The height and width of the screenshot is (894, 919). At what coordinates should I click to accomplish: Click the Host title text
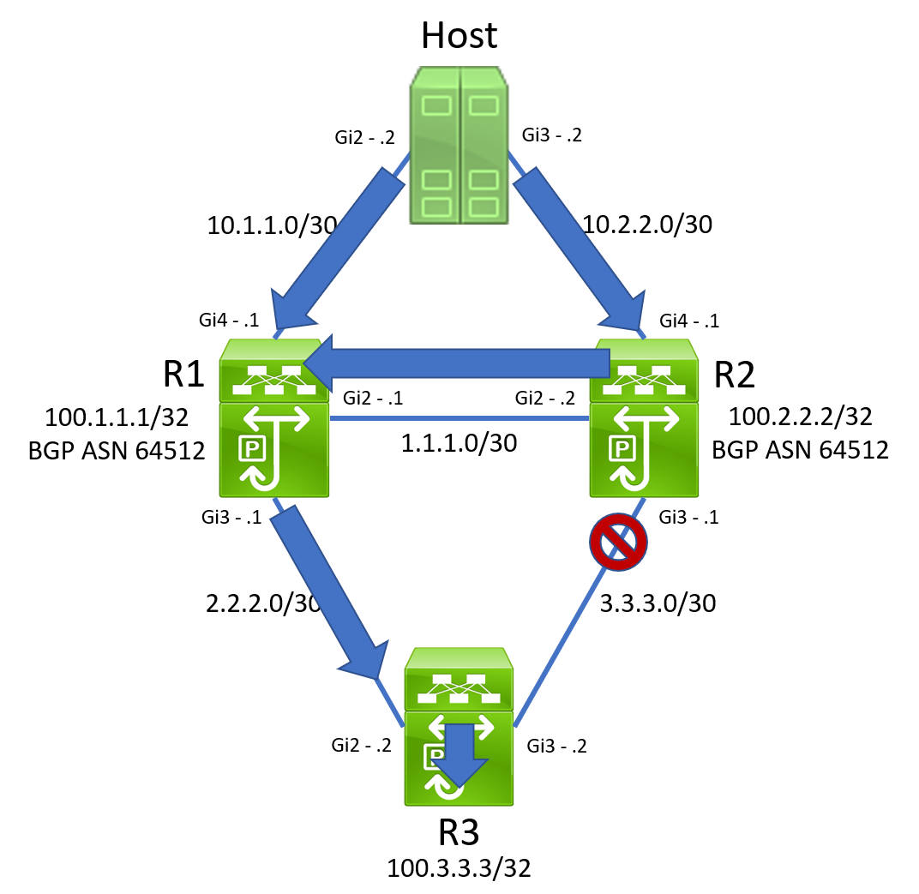(x=459, y=35)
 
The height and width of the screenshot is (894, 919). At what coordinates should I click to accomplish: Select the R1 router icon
(x=274, y=418)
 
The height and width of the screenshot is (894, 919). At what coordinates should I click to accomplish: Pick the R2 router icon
(x=644, y=418)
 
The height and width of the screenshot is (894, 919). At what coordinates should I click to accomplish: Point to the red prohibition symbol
(x=617, y=541)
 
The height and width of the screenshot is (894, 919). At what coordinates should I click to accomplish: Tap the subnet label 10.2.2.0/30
(x=647, y=225)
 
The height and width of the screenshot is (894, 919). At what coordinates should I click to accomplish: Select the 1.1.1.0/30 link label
(x=459, y=444)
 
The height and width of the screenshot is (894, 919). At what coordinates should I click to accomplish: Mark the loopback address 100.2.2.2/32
(x=800, y=417)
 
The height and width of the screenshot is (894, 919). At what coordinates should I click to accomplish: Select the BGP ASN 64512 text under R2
(x=800, y=449)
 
